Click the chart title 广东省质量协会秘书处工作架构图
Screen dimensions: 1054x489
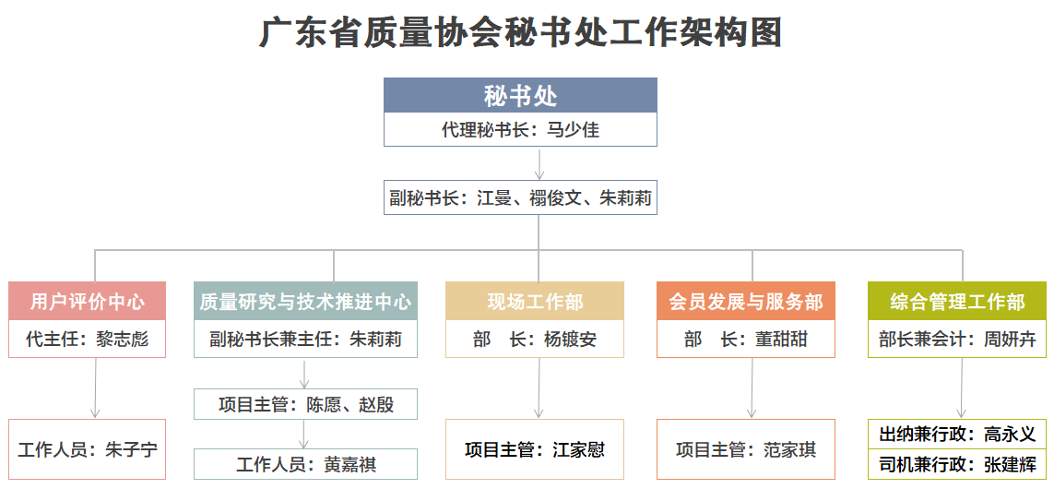pos(521,33)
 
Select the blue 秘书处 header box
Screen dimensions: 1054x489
pos(520,96)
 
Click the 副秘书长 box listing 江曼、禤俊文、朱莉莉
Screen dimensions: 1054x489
pos(520,197)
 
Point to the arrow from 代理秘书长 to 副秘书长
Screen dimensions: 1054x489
pos(539,162)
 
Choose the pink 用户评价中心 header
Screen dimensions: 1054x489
pos(88,302)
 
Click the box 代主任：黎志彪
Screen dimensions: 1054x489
pos(88,339)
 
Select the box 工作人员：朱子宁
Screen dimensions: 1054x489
pos(88,449)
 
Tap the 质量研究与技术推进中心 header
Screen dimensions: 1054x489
pos(306,302)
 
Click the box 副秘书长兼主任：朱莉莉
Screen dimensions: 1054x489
pos(306,339)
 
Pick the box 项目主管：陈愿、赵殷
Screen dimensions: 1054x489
pos(306,404)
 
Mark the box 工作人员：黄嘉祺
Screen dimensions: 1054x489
pos(306,464)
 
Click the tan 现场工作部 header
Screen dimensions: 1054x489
pos(535,302)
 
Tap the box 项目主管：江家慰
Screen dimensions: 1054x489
pos(535,449)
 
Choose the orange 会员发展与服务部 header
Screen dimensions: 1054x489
pos(746,302)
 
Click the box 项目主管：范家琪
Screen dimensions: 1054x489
pos(746,449)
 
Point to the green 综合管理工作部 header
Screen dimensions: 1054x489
pos(957,302)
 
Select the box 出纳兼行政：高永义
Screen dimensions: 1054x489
pos(957,434)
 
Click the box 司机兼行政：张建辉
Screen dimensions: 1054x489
pos(957,464)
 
